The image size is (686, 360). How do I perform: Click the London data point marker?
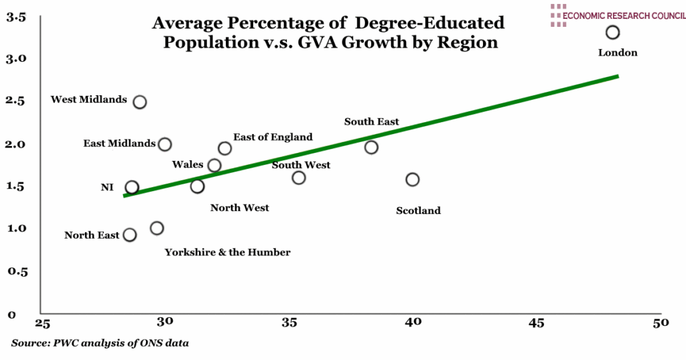[612, 32]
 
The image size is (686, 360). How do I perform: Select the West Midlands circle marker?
[140, 102]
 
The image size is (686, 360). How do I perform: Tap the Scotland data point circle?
[413, 179]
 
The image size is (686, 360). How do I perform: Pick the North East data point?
[130, 235]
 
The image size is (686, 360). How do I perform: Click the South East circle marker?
[371, 147]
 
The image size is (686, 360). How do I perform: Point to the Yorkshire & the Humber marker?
[157, 228]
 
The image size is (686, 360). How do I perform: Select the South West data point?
[299, 177]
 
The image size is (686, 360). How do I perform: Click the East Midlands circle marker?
[165, 144]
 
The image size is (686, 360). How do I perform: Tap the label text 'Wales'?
[187, 165]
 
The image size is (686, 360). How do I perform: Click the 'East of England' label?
[273, 137]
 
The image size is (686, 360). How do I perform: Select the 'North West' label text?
[239, 208]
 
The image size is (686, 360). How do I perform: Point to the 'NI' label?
[107, 188]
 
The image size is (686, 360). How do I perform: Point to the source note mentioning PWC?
[100, 343]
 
